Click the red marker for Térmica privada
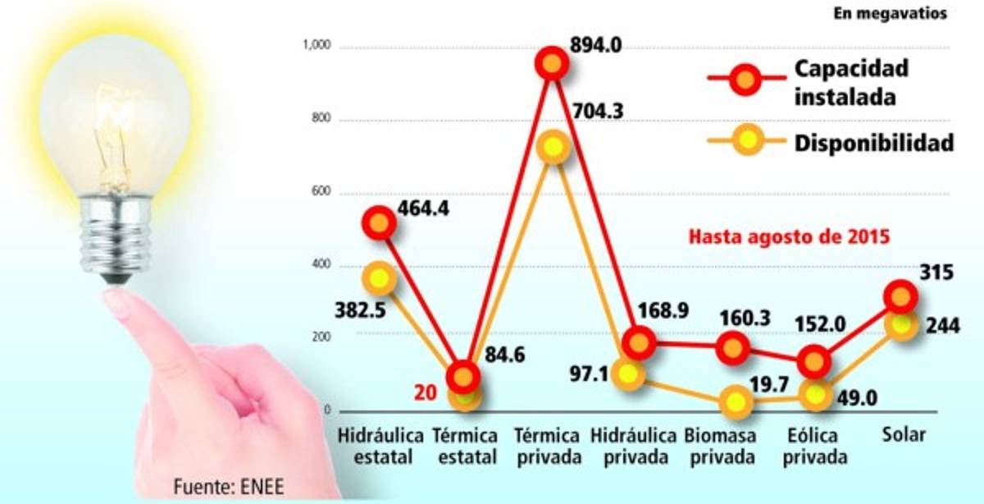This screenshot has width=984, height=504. (552, 63)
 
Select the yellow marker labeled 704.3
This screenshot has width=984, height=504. (553, 148)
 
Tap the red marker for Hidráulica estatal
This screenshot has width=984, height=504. (380, 222)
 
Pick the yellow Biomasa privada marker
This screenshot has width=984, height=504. (736, 401)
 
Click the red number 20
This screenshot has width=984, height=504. (424, 393)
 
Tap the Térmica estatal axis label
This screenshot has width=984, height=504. (465, 446)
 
